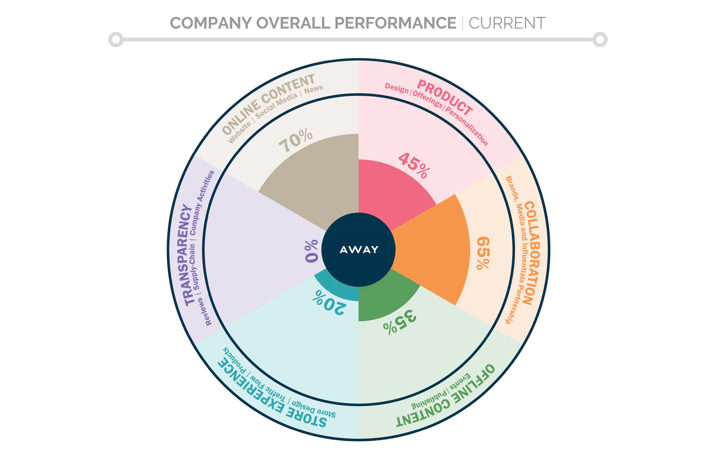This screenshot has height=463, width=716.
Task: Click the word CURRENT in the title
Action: click(507, 23)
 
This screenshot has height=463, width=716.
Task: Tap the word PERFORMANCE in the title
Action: click(395, 23)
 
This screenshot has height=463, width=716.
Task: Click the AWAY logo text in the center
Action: click(359, 250)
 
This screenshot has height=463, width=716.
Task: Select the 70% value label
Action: click(296, 140)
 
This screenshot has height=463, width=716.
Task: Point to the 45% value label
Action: click(414, 165)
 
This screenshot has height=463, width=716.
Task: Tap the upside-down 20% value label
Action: click(329, 302)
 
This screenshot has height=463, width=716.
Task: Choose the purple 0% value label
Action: click(312, 251)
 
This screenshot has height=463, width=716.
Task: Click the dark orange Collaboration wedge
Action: click(433, 250)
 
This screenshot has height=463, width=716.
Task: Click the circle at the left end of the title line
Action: click(116, 40)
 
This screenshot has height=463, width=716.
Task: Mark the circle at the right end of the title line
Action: click(600, 40)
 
